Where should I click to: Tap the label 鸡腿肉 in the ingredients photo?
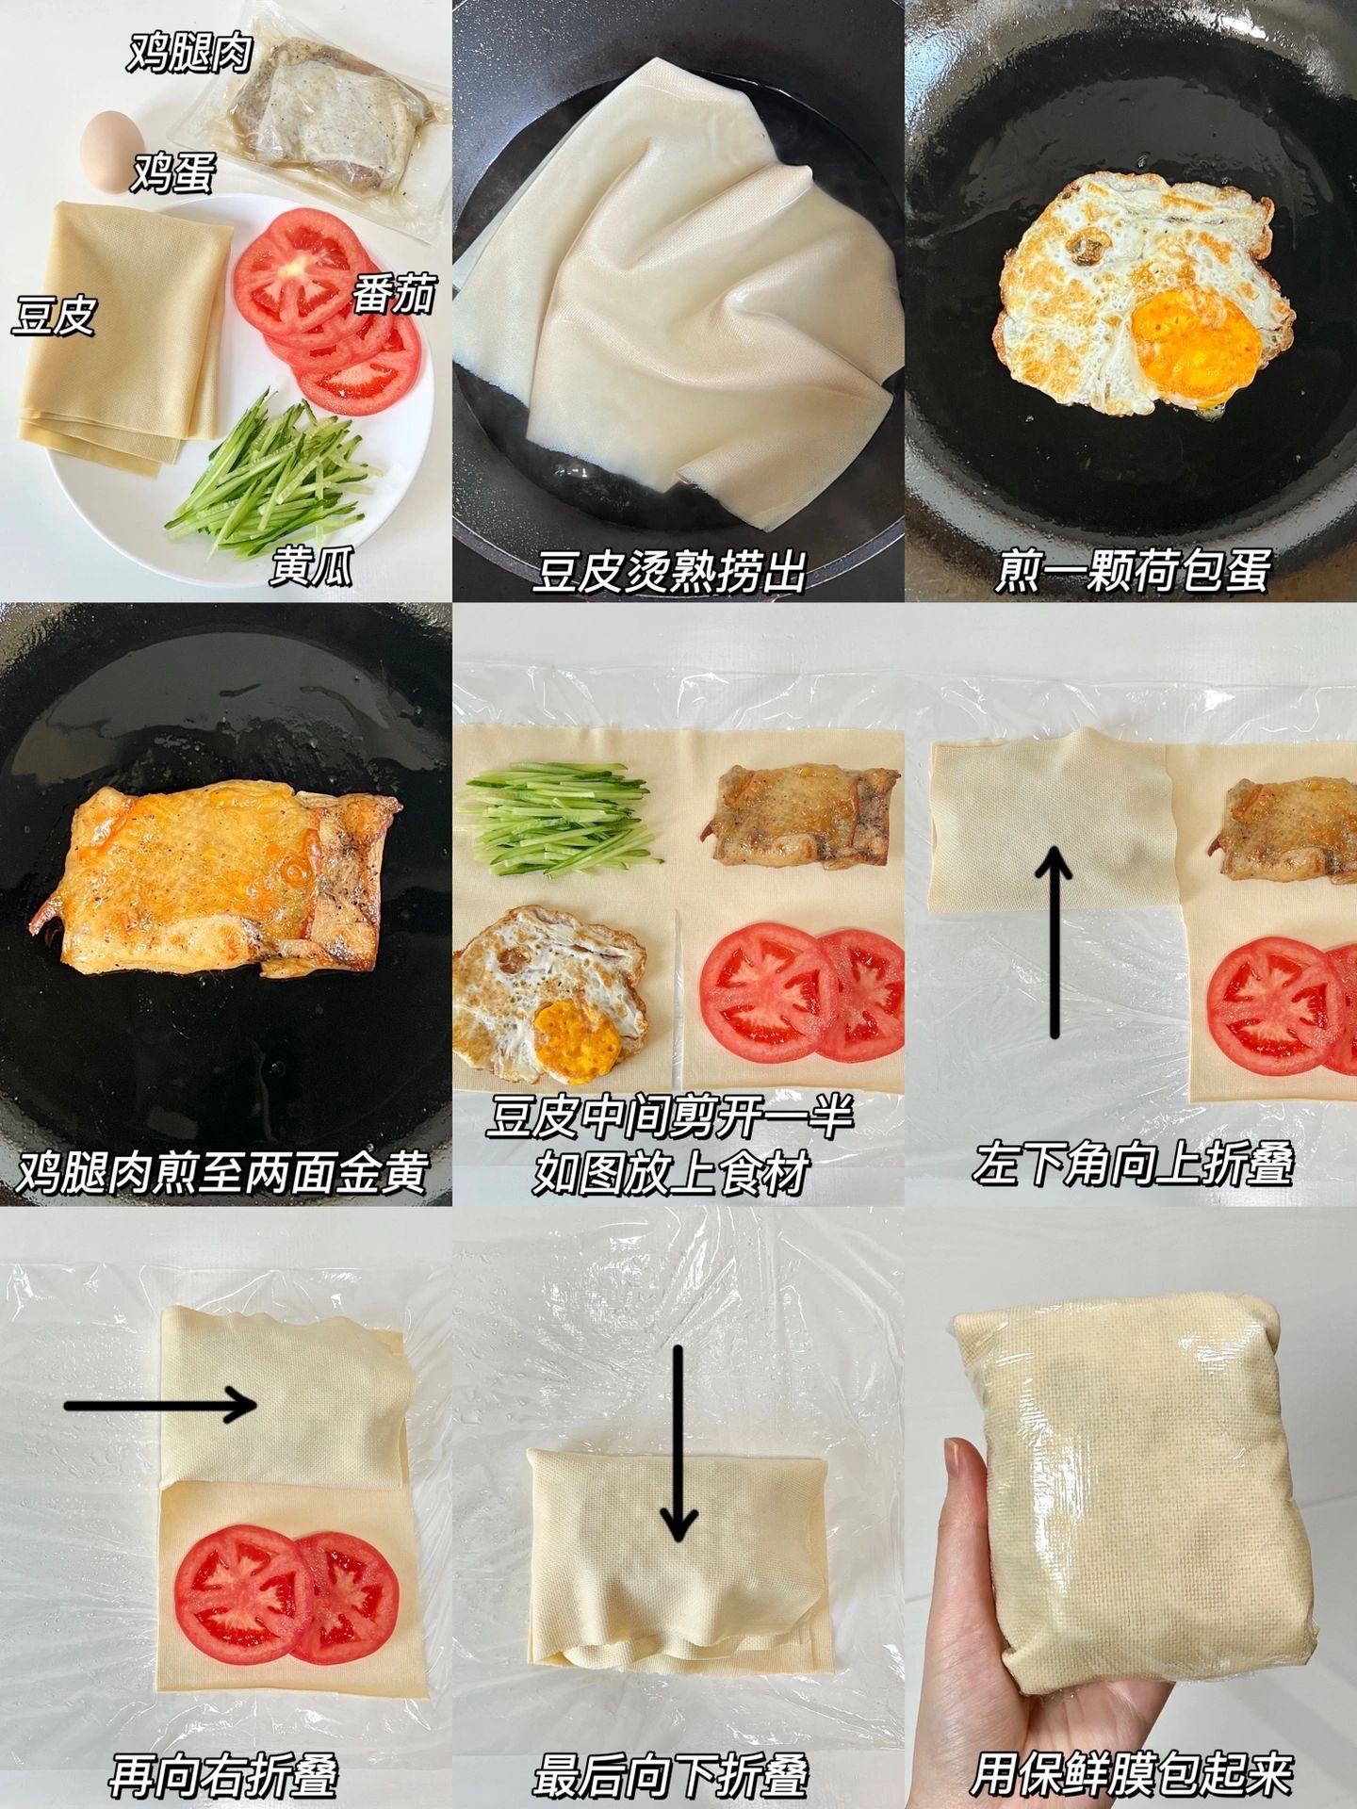[190, 51]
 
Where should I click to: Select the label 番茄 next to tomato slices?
[395, 294]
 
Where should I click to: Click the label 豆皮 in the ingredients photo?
[54, 316]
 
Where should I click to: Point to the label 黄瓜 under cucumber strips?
[312, 567]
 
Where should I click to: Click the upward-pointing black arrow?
[1055, 942]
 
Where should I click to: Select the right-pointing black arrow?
[160, 1406]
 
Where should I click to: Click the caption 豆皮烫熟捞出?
[670, 571]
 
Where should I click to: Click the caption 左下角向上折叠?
[1134, 1163]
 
